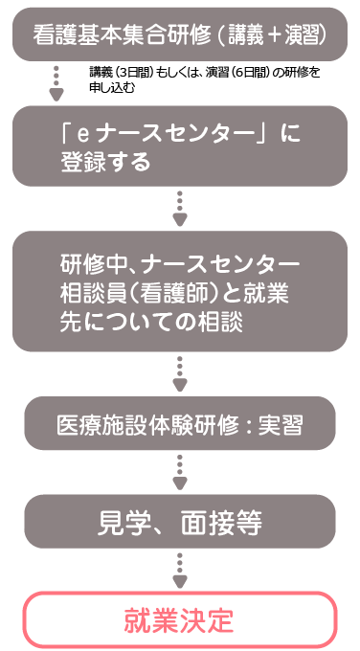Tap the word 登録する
click(x=105, y=162)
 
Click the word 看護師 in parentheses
click(x=186, y=292)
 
